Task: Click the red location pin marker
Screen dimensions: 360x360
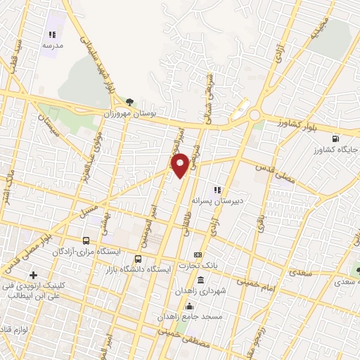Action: click(180, 165)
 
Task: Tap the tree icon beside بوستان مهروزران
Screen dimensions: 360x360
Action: click(127, 101)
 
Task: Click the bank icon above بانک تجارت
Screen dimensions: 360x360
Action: click(198, 254)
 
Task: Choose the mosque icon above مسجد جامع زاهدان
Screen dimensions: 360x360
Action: click(188, 307)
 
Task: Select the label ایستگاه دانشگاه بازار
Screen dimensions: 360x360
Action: click(142, 269)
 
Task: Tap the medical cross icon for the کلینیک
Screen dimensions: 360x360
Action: click(33, 274)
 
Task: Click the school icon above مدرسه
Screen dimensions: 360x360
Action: click(51, 34)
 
